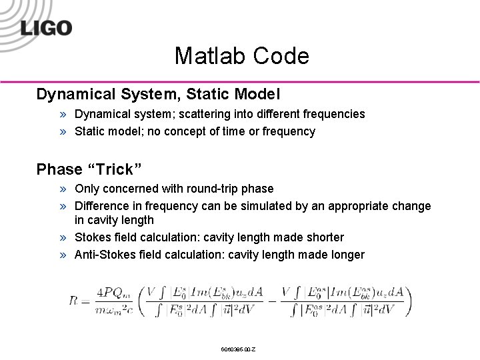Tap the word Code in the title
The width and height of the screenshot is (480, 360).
283,56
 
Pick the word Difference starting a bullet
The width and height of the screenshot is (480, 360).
101,206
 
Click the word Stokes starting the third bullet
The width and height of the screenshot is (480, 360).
93,237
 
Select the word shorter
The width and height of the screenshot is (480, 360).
324,237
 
